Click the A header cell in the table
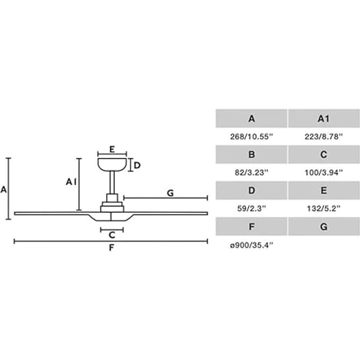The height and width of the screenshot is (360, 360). [251, 118]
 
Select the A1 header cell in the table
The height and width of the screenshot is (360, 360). [324, 118]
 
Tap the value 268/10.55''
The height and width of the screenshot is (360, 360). [251, 136]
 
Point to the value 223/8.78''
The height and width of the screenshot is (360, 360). [323, 136]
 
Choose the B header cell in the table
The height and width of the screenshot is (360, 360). [251, 154]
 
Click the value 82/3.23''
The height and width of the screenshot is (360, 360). [251, 173]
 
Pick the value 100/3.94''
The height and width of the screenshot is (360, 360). [323, 173]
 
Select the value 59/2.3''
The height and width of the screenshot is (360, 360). [251, 208]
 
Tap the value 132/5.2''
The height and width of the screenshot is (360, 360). [323, 208]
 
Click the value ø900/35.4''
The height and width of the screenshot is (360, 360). [251, 245]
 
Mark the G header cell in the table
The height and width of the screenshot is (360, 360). [324, 226]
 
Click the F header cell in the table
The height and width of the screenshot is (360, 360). [251, 226]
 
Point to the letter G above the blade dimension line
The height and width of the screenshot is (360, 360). [170, 193]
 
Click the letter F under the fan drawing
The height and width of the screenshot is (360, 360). [112, 247]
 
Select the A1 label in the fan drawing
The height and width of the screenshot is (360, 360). [71, 182]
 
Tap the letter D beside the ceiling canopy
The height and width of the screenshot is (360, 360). [137, 165]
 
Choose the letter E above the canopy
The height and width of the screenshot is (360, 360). [112, 150]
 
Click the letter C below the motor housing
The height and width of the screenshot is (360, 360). [112, 235]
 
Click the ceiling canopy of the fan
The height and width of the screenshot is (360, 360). [112, 164]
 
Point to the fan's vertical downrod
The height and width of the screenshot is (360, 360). [112, 182]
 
